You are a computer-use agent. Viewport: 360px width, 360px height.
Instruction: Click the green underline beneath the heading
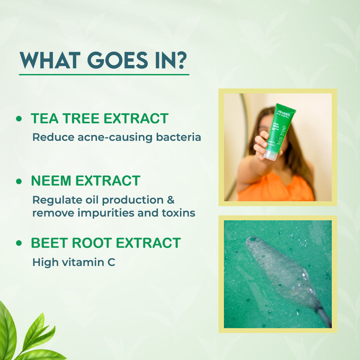(x=104, y=74)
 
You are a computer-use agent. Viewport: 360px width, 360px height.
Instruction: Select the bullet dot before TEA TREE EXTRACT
(x=19, y=119)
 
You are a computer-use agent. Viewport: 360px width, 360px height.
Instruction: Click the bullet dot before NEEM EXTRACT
(x=19, y=181)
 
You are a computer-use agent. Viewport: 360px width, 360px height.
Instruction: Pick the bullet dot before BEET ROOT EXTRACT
(x=19, y=243)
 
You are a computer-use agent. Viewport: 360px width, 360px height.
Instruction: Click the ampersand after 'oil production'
(x=170, y=200)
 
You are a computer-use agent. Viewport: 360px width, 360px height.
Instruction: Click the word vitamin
(x=75, y=262)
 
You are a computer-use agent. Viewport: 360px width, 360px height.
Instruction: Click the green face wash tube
(x=280, y=130)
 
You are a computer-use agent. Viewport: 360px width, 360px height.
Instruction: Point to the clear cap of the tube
(x=271, y=155)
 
